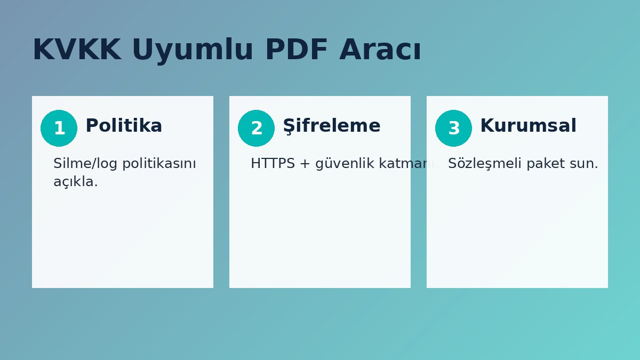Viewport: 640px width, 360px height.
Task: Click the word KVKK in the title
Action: coord(76,50)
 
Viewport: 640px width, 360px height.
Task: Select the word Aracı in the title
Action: coord(380,50)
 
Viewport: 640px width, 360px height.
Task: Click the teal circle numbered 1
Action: coord(59,128)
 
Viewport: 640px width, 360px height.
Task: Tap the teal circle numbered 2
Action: coord(256,128)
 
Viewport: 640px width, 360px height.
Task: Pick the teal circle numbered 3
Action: coord(453,128)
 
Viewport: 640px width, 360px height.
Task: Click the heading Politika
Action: coord(124,126)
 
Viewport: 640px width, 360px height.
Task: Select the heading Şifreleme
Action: coord(331,126)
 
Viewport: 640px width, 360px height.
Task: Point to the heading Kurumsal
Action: coord(528,126)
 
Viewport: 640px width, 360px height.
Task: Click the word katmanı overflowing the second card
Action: coord(408,164)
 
